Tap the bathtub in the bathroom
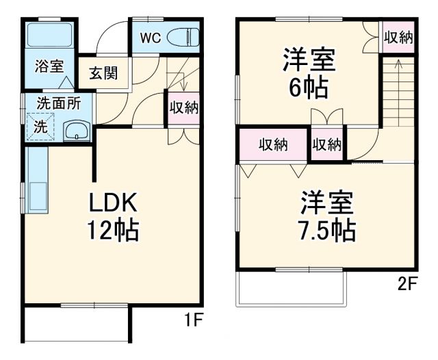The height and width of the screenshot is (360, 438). (x=50, y=38)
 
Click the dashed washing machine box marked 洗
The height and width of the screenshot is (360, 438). (x=41, y=127)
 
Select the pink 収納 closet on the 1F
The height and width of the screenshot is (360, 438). (x=184, y=108)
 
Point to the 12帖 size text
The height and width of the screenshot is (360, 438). (x=113, y=230)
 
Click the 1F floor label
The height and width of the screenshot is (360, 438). (x=192, y=320)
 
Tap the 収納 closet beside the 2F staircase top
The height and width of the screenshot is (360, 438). (x=398, y=38)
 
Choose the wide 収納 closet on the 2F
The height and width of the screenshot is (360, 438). (x=273, y=144)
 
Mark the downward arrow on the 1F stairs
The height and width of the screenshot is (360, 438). (x=185, y=82)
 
